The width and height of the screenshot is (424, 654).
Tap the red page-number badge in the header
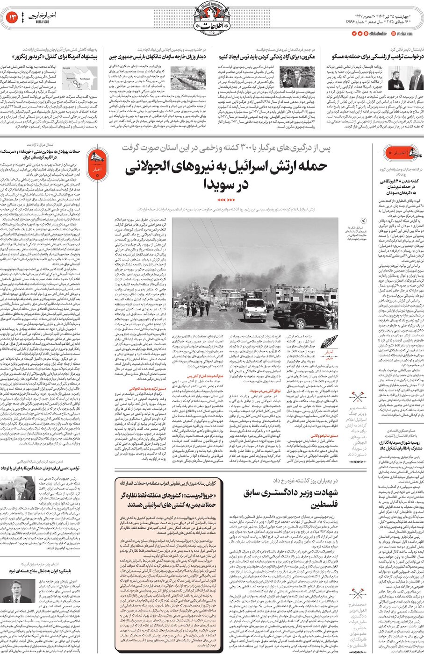click(12, 18)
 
